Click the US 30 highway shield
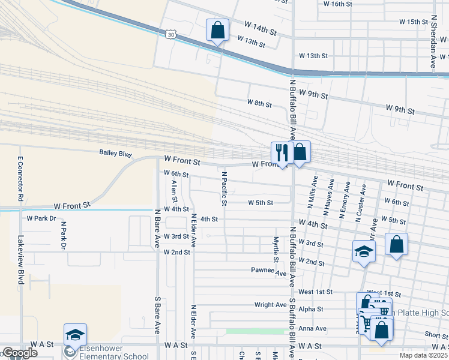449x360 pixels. pos(172,36)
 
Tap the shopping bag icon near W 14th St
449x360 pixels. pos(217,30)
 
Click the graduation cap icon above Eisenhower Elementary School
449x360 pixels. pos(75,334)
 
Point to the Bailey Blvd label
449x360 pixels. pos(115,154)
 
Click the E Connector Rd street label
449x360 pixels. pos(20,178)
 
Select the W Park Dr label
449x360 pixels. pos(41,218)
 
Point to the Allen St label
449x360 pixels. pos(175,191)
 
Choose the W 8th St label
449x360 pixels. pos(259,104)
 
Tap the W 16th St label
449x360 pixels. pos(337,4)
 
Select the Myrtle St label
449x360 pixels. pos(276,250)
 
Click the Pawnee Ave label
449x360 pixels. pos(268,271)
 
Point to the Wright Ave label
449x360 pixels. pos(270,305)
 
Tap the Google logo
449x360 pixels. pos(19,353)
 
